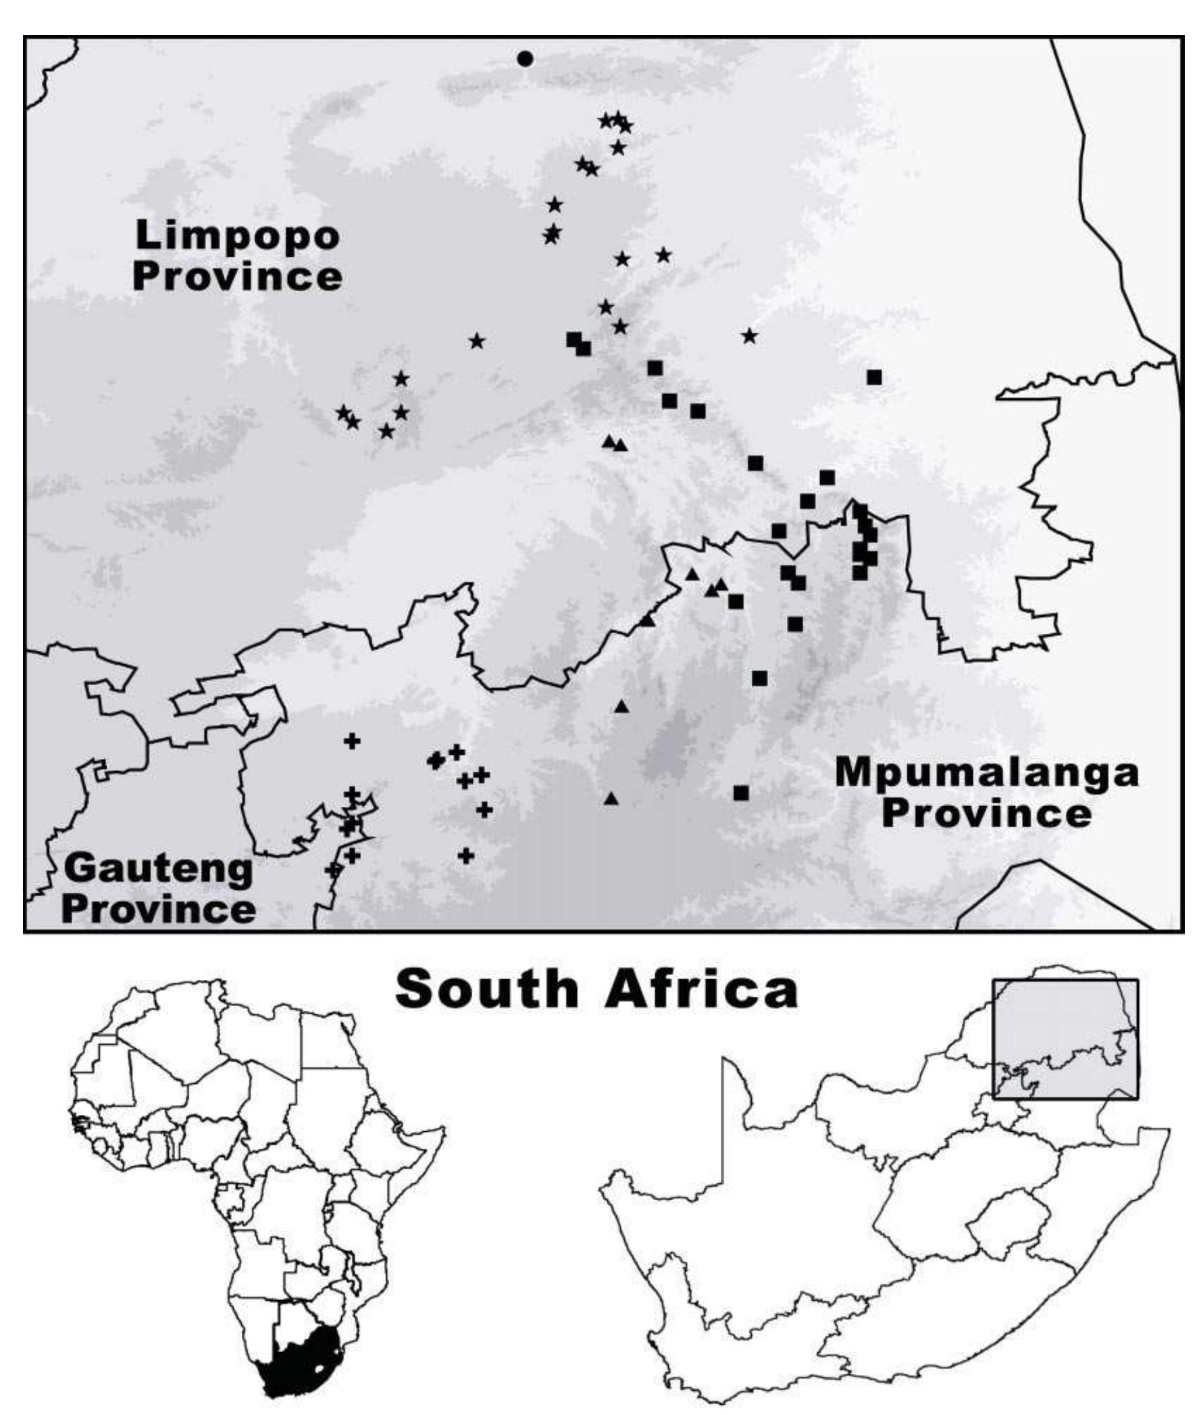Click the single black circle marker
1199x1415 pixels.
tap(524, 59)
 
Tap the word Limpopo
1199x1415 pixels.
tap(237, 236)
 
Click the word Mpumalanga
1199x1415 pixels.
tap(986, 773)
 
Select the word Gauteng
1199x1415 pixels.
tap(158, 868)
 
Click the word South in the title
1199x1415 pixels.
tap(486, 989)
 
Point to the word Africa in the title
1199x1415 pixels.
tap(700, 989)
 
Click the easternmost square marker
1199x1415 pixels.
tap(874, 376)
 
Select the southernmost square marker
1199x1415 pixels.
tap(741, 793)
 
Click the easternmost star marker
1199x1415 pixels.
tap(749, 336)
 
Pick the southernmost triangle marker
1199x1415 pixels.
tap(611, 799)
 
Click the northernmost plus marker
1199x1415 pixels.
tap(351, 741)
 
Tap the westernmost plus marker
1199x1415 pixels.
tap(332, 870)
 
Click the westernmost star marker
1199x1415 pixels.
tap(343, 413)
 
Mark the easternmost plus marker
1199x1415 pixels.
tap(484, 810)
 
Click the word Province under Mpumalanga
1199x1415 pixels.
tap(986, 814)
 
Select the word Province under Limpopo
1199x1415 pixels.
tap(237, 278)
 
